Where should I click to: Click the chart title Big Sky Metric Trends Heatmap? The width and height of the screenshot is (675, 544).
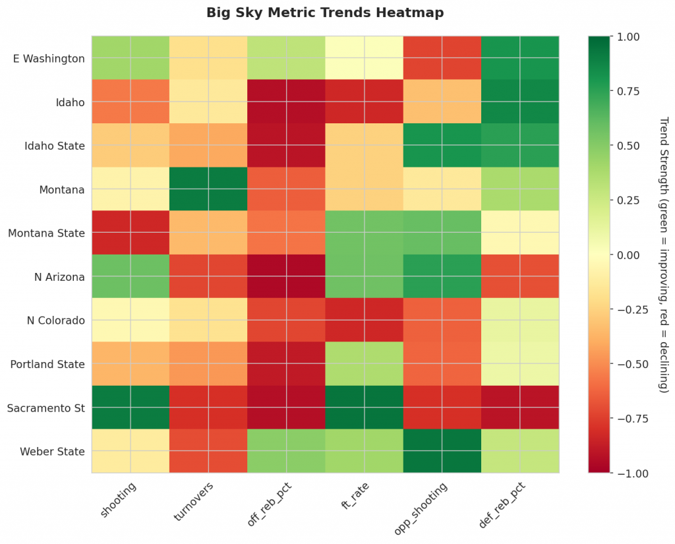(325, 13)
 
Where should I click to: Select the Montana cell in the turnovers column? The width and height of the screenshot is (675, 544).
(208, 189)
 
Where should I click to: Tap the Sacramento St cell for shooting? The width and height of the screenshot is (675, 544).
(130, 408)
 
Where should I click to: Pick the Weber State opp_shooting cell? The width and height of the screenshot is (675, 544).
(442, 451)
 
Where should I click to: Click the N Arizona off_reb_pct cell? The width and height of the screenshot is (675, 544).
(286, 276)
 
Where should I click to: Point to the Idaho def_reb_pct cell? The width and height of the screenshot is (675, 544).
(519, 102)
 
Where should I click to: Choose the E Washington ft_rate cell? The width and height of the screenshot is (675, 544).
(364, 59)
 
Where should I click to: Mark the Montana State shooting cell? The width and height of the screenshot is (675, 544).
(130, 233)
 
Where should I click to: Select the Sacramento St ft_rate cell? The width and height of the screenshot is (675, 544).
(364, 408)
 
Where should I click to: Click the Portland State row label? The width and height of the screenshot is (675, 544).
(47, 364)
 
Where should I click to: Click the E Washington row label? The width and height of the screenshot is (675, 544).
(49, 59)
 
